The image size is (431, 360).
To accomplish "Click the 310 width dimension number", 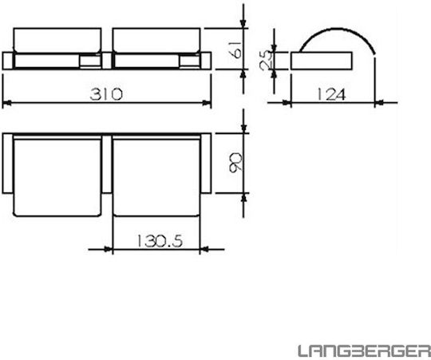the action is [x=106, y=94].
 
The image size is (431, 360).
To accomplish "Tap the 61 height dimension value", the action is [x=235, y=49].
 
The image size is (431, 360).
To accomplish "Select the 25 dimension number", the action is [x=266, y=61].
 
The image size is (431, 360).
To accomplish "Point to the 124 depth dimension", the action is [x=331, y=94].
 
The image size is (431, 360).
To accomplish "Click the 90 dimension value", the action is [x=235, y=162].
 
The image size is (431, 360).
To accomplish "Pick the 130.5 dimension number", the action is [x=160, y=241].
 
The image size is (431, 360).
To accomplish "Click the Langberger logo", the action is [x=365, y=350].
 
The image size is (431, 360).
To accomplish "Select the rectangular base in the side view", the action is [x=322, y=61].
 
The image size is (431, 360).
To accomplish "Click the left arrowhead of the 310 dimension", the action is [x=6, y=103].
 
